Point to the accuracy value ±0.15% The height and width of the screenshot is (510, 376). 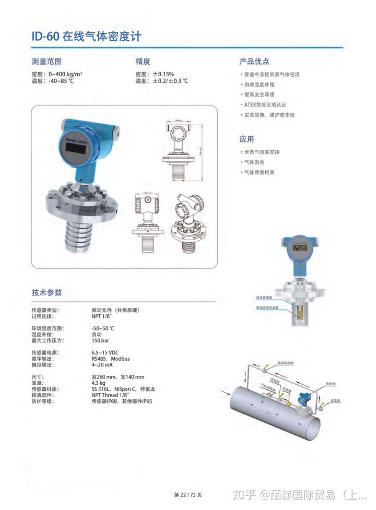[x=163, y=74]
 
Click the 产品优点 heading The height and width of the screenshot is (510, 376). [x=254, y=62]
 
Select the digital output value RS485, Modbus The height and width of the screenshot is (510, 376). [x=111, y=359]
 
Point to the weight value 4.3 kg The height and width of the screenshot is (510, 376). [x=99, y=383]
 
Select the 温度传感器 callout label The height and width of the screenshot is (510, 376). [x=264, y=298]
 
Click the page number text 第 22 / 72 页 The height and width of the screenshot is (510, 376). [x=188, y=494]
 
